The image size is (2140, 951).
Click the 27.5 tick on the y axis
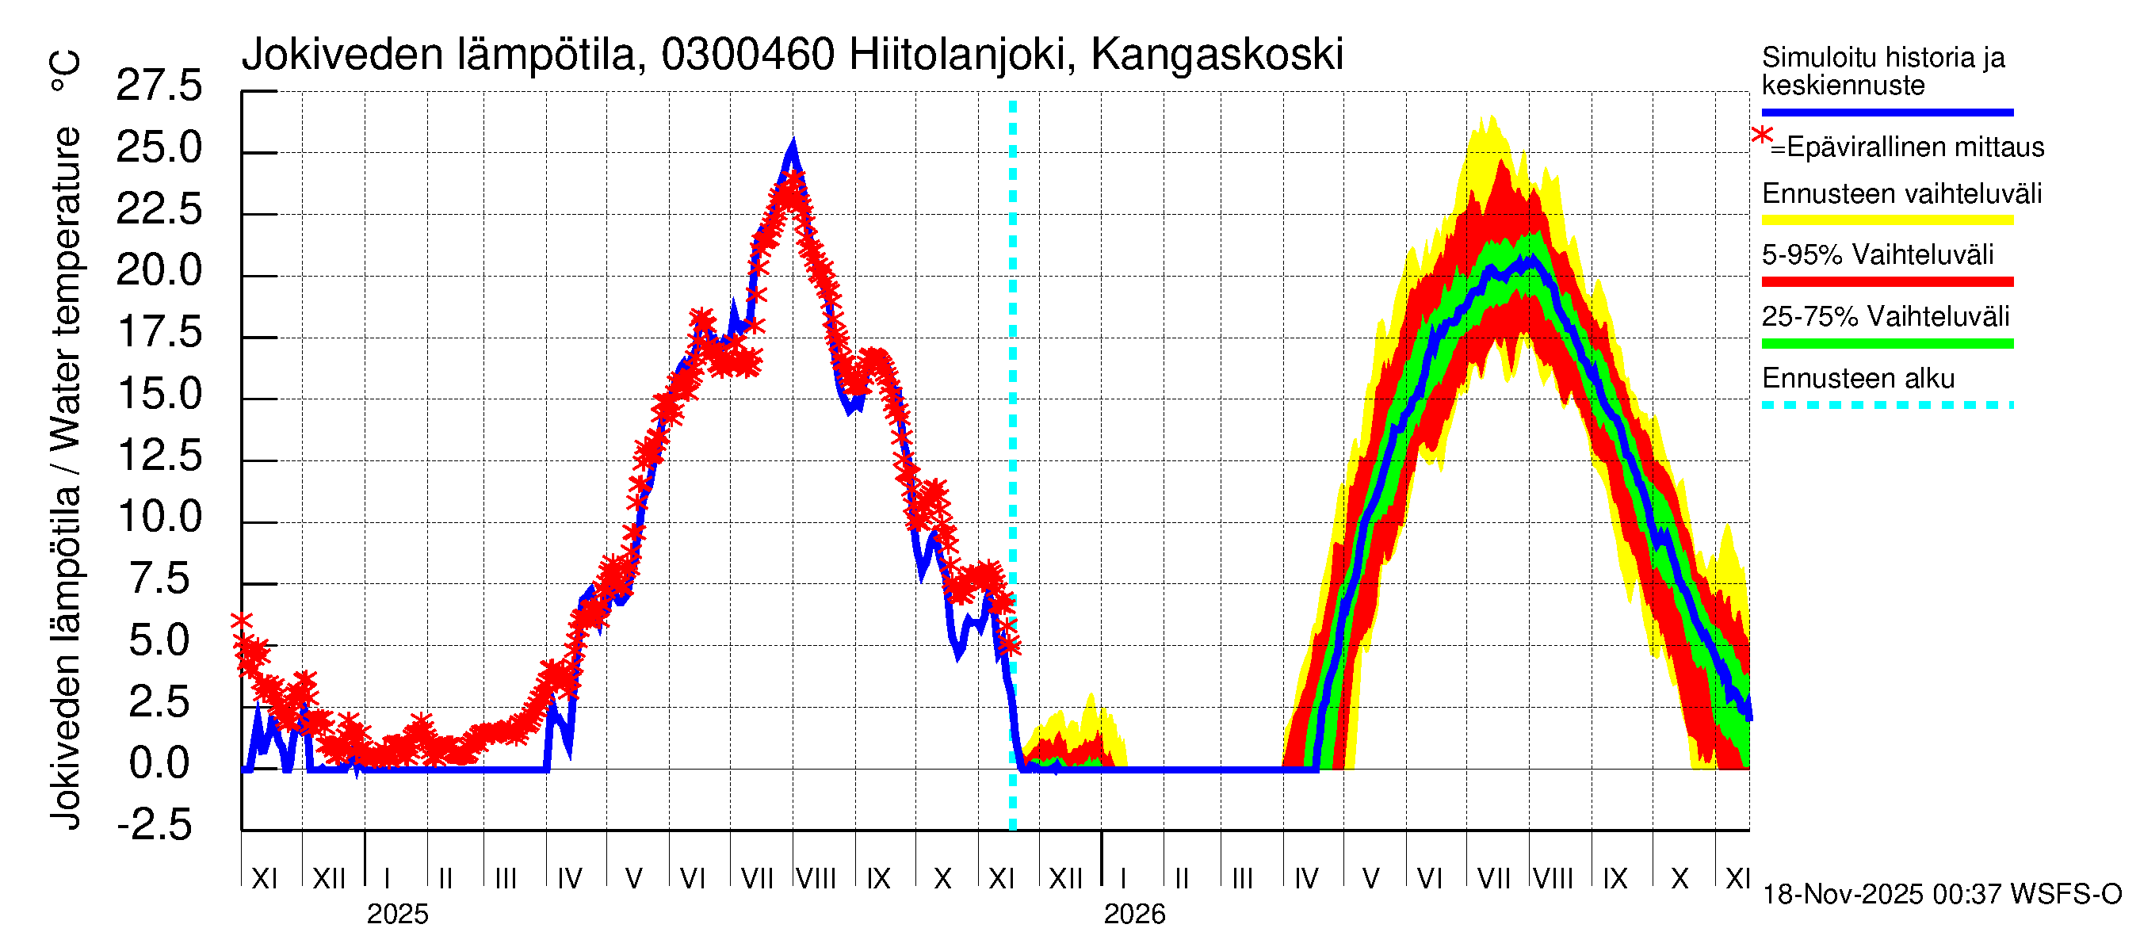click(x=159, y=86)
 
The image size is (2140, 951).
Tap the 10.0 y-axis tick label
click(x=159, y=518)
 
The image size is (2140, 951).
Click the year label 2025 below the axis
click(x=397, y=915)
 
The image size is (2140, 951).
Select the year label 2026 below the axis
click(x=1134, y=915)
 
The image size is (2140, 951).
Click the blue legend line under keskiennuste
click(x=1886, y=112)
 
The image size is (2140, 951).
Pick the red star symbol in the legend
click(x=1760, y=136)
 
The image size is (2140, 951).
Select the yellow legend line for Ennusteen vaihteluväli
click(x=1886, y=221)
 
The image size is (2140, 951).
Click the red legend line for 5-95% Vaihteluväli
click(x=1886, y=282)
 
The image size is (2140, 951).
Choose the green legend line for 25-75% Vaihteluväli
click(x=1886, y=344)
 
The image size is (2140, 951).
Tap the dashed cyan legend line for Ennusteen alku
click(x=1886, y=405)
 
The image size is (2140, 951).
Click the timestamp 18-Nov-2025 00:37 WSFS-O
click(x=1941, y=895)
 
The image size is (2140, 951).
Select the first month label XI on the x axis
click(x=264, y=879)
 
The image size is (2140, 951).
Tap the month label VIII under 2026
click(x=1553, y=879)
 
